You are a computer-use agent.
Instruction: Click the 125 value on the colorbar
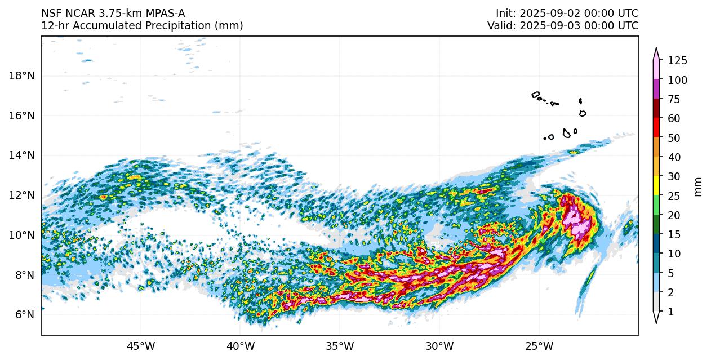pos(677,61)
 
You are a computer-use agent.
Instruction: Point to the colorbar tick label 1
pos(670,312)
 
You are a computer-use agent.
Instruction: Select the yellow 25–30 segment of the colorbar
pos(656,186)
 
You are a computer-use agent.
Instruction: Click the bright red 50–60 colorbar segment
pos(656,128)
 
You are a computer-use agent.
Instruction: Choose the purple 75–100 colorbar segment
pos(656,90)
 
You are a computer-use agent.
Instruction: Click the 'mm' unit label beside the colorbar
pos(699,186)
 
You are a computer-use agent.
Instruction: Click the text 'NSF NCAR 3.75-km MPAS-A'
pos(113,13)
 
